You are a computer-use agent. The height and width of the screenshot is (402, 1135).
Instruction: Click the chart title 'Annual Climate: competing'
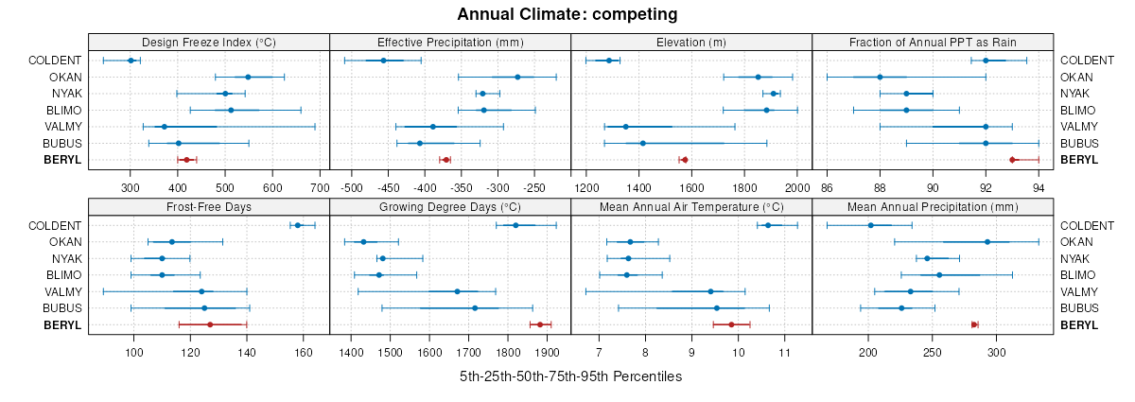click(567, 14)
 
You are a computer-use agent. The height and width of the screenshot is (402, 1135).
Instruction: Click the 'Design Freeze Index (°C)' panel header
click(209, 42)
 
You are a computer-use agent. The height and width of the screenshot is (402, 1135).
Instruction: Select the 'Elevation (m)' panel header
click(691, 42)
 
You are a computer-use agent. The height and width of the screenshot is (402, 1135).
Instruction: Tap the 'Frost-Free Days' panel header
click(209, 206)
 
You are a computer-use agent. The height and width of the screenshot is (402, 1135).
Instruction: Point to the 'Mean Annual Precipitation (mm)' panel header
click(933, 206)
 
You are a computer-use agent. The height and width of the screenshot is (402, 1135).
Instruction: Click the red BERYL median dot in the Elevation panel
click(685, 160)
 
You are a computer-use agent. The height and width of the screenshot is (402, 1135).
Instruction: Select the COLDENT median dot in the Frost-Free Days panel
click(298, 225)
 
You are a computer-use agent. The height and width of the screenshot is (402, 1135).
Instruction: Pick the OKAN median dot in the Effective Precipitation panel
click(517, 78)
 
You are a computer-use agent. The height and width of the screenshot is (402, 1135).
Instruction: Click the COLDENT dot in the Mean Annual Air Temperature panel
click(768, 225)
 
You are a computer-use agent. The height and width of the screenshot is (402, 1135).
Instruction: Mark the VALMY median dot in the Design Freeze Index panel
click(165, 127)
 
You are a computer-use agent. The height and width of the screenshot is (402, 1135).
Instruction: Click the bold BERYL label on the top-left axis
click(62, 160)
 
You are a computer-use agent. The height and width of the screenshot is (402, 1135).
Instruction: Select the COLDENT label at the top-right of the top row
click(1080, 61)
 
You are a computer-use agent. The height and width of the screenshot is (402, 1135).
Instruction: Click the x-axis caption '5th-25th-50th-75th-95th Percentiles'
click(570, 376)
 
